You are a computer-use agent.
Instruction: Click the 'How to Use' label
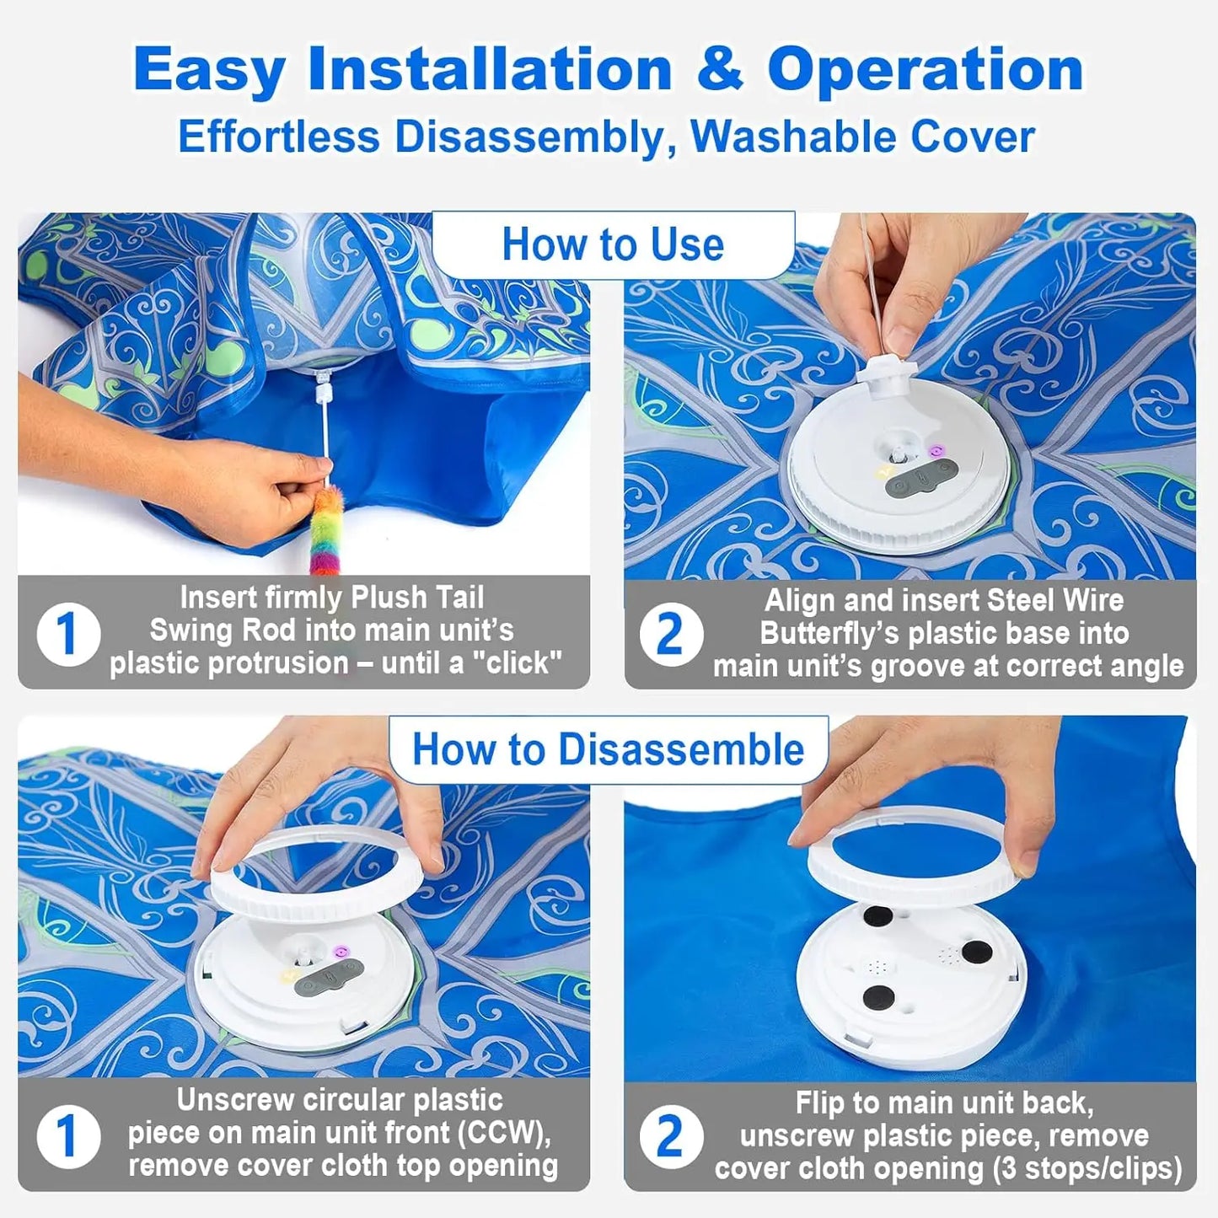click(x=613, y=245)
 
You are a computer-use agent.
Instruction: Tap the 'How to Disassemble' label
click(x=608, y=749)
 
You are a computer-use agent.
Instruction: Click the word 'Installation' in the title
click(x=490, y=69)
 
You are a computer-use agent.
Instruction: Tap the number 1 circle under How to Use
click(x=68, y=634)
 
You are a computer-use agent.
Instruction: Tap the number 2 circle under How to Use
click(x=670, y=634)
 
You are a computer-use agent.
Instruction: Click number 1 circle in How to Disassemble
click(x=68, y=1136)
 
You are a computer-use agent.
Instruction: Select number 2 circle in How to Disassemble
click(x=670, y=1136)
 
